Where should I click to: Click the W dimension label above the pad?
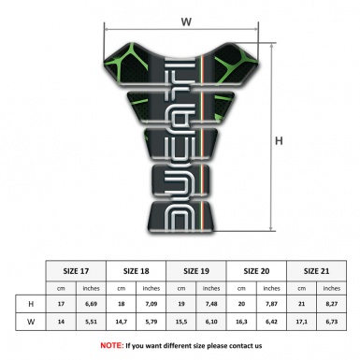(186, 18)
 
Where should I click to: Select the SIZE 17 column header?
(76, 269)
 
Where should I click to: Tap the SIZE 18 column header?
(137, 269)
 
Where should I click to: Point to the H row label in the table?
(31, 304)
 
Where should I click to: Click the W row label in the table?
(31, 324)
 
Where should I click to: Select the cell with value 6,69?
(92, 304)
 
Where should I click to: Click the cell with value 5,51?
(92, 324)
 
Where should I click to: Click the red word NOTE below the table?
(111, 345)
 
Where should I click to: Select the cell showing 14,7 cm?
(122, 324)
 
